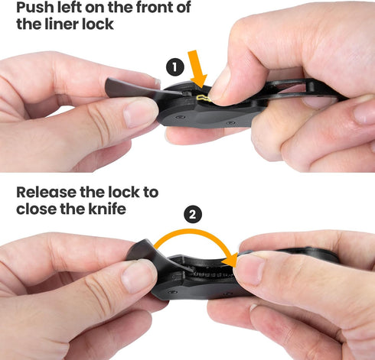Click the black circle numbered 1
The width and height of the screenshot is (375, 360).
tap(175, 67)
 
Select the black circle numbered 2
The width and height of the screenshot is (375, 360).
tap(194, 215)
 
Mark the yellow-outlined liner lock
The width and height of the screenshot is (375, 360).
tap(202, 98)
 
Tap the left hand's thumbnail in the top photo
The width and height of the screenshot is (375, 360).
tap(140, 113)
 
